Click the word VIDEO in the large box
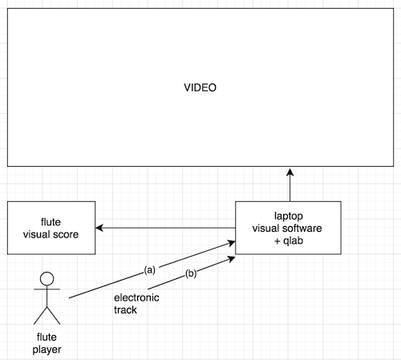(x=200, y=87)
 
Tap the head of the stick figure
(x=47, y=279)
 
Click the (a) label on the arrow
(x=150, y=270)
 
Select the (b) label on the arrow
(x=191, y=273)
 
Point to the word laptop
(x=289, y=216)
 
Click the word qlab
(x=293, y=241)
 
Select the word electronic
(x=136, y=297)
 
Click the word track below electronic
(x=125, y=309)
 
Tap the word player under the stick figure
(x=47, y=350)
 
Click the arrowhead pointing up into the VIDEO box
(x=290, y=172)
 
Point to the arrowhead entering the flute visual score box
(x=99, y=228)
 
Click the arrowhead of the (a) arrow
(x=232, y=243)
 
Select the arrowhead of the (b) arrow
(x=232, y=258)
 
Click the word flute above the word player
(x=47, y=337)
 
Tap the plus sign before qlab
(x=277, y=241)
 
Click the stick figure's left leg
(x=40, y=316)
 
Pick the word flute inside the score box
(x=51, y=222)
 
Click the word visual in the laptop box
(x=266, y=229)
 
